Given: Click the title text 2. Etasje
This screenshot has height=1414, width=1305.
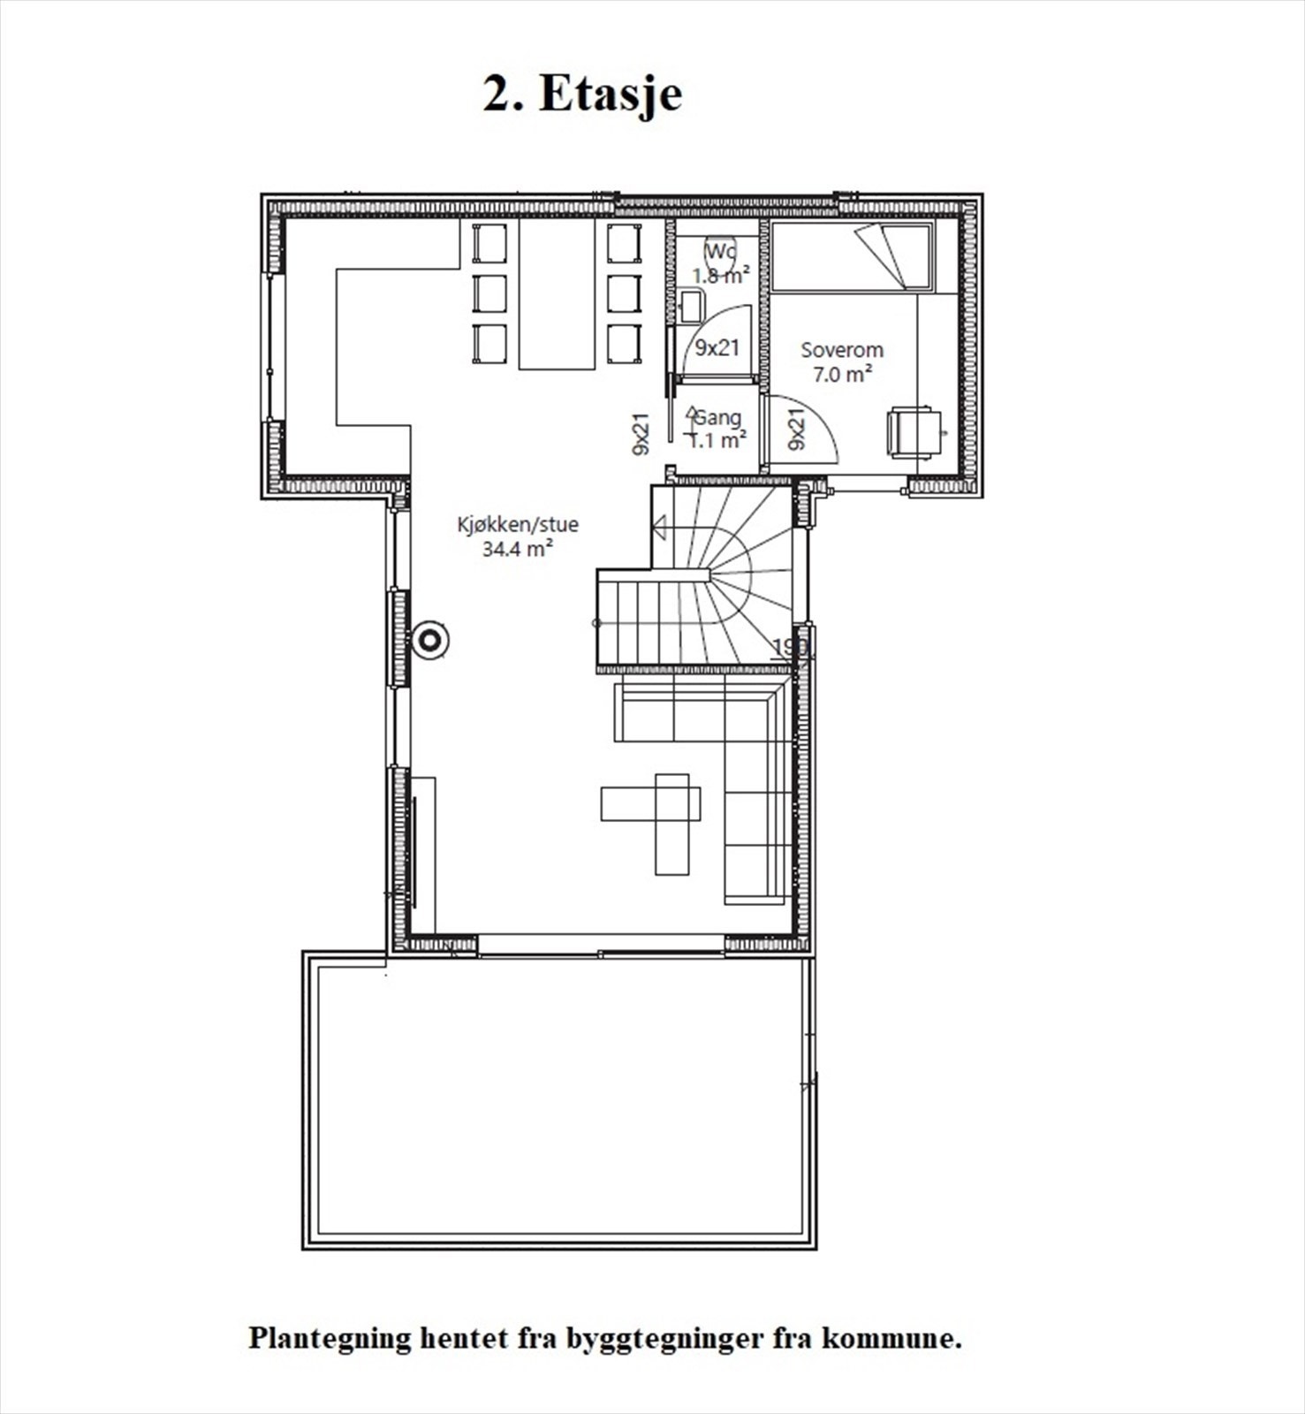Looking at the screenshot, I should pyautogui.click(x=582, y=95).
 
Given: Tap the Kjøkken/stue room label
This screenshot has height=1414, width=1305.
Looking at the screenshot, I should pyautogui.click(x=518, y=524).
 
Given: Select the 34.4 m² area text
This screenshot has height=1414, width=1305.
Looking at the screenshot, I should pyautogui.click(x=518, y=549).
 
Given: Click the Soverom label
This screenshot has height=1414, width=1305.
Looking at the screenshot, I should pyautogui.click(x=841, y=350).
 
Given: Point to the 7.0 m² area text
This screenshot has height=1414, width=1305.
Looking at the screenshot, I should pyautogui.click(x=841, y=374).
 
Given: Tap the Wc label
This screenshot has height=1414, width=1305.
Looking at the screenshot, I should pyautogui.click(x=719, y=252).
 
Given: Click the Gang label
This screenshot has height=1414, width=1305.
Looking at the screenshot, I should pyautogui.click(x=717, y=418).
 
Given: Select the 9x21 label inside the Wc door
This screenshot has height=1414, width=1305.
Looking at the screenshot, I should pyautogui.click(x=717, y=348).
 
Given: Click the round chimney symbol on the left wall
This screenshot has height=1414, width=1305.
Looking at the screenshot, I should pyautogui.click(x=431, y=640).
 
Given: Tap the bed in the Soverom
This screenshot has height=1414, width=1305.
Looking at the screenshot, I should pyautogui.click(x=852, y=257).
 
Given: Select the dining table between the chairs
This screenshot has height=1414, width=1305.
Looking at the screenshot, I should pyautogui.click(x=556, y=294).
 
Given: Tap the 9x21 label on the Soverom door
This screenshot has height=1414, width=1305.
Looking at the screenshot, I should pyautogui.click(x=796, y=430).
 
